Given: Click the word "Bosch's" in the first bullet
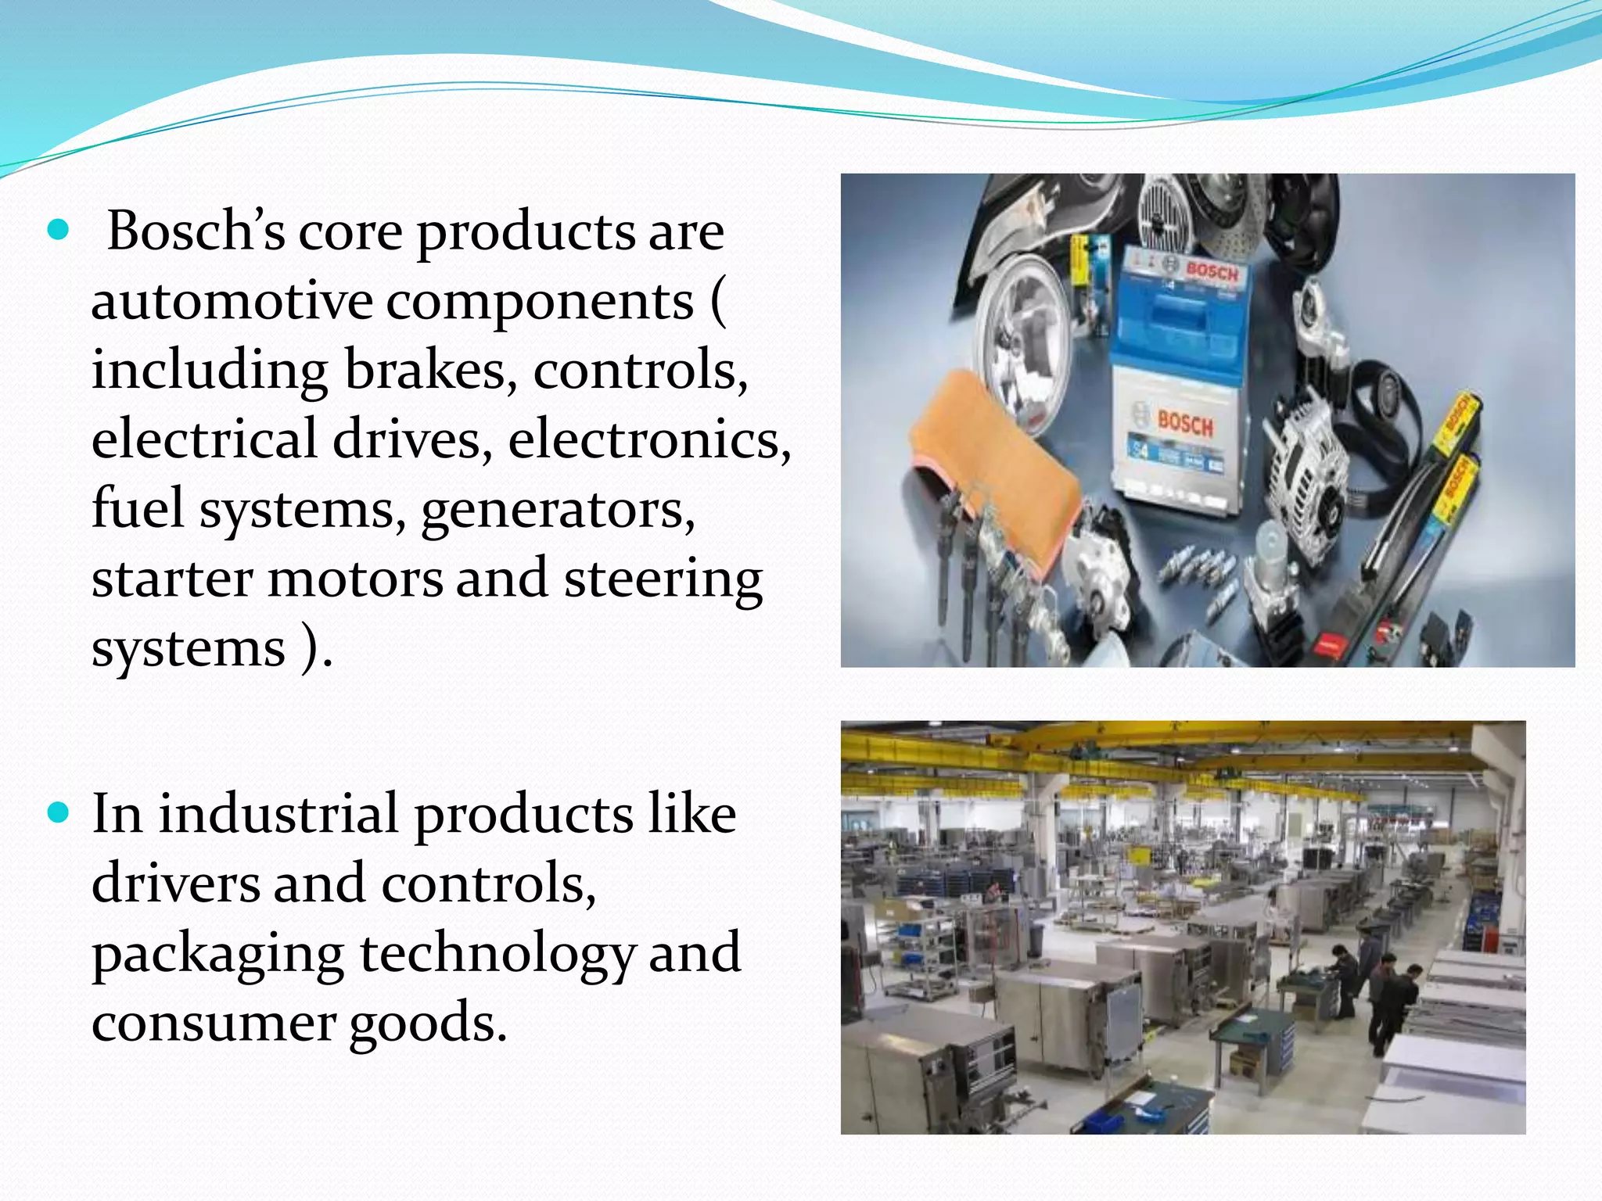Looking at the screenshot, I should [196, 232].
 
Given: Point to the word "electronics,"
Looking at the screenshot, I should [649, 439].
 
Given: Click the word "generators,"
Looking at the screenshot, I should [558, 509].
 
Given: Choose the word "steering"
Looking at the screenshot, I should [663, 579].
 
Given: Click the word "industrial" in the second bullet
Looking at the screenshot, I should [278, 814].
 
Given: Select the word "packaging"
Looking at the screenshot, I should [217, 953].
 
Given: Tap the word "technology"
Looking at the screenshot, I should [496, 953].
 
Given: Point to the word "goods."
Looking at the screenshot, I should [428, 1022].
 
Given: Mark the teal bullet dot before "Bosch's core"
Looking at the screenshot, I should [58, 231].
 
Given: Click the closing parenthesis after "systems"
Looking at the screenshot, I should [311, 648].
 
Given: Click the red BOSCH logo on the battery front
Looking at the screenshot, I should [1185, 424].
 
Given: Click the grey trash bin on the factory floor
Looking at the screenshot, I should [1038, 936].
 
